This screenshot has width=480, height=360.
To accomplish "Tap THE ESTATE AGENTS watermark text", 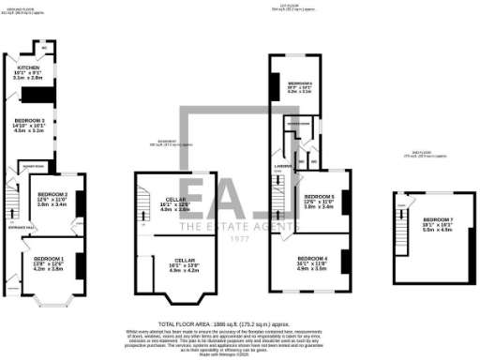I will (242, 225).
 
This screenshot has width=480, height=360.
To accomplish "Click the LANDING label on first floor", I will (278, 167).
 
